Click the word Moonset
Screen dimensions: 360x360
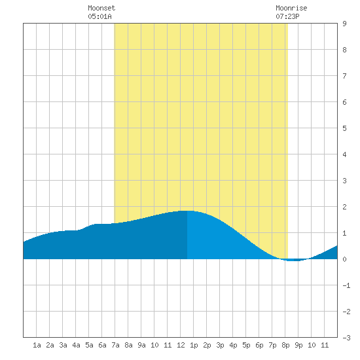101,8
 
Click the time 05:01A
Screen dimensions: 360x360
99,16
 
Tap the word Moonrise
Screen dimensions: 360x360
291,8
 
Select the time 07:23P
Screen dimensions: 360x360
287,16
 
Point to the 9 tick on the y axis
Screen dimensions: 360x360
344,24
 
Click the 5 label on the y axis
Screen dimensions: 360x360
344,128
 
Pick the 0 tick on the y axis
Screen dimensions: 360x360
344,259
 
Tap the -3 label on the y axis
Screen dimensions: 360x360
346,338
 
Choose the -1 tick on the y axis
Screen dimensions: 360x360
346,285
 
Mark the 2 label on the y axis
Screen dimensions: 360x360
344,207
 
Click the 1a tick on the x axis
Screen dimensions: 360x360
37,345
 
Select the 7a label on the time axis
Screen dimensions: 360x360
115,345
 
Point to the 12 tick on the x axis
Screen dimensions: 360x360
181,345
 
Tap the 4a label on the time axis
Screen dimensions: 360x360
76,345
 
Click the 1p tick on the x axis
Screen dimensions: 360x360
194,345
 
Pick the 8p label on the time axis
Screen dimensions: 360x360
285,345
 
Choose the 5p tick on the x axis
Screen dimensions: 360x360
246,345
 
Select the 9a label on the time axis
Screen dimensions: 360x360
141,345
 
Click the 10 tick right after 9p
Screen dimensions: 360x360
312,345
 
